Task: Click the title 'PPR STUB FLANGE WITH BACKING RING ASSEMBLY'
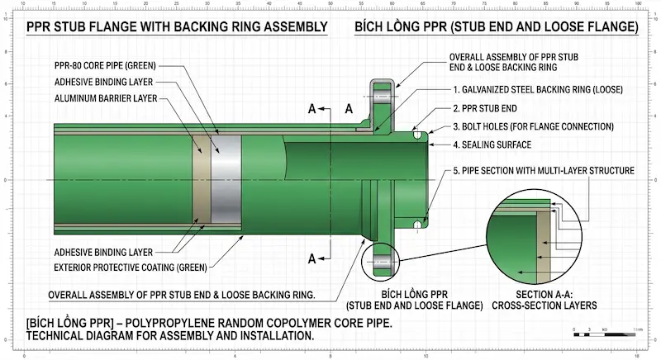click(177, 27)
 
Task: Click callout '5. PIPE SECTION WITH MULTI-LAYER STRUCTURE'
click(543, 171)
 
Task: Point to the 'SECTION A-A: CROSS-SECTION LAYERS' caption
click(544, 300)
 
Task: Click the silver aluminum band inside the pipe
click(226, 179)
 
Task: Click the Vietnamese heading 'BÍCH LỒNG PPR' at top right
click(496, 27)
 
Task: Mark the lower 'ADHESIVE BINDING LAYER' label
click(103, 251)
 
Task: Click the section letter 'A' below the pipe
click(312, 258)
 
